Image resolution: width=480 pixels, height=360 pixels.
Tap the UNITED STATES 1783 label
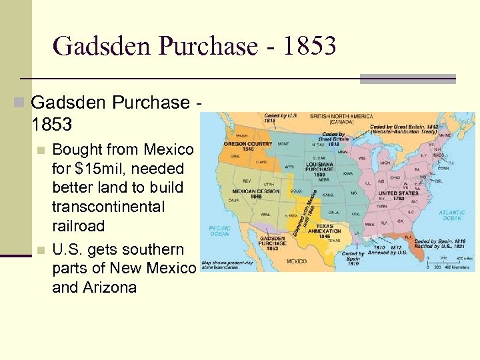click(399, 195)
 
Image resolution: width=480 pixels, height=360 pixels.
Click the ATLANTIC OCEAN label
click(452, 215)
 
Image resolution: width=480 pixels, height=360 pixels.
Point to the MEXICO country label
click(297, 261)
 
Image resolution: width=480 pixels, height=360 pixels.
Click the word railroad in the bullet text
click(78, 226)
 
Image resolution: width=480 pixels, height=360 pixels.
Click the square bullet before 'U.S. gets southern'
click(41, 250)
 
